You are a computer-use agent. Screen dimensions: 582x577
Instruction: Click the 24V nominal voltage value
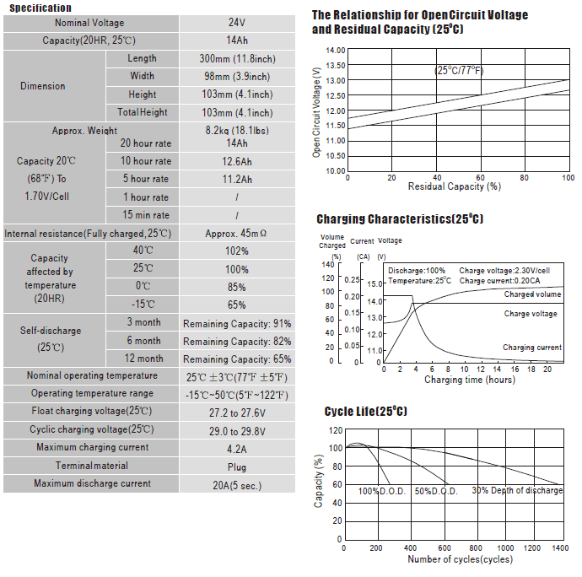point(237,23)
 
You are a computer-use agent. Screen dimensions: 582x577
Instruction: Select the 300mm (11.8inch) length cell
point(237,59)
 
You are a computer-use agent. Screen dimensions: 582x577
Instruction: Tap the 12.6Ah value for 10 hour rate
point(237,161)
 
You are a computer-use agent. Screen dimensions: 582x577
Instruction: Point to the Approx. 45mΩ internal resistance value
point(235,234)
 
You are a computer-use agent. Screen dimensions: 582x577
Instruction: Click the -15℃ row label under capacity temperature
point(143,304)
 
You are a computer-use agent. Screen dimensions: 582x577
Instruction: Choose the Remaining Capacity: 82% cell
point(237,342)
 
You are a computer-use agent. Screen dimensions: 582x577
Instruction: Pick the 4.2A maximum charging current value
point(237,450)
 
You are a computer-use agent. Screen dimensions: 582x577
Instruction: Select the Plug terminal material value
point(237,467)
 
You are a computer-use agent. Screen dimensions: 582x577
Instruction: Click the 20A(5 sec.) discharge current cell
point(237,485)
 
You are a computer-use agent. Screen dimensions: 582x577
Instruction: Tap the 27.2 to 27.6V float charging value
point(237,413)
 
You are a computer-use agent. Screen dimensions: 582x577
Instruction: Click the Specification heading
point(40,8)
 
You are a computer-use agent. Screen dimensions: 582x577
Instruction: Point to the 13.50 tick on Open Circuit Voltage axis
point(336,65)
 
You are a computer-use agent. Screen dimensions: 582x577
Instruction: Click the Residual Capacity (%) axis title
point(455,186)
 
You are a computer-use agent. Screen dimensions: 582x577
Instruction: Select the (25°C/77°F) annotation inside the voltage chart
point(459,71)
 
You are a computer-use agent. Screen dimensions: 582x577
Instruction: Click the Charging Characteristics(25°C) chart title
point(400,218)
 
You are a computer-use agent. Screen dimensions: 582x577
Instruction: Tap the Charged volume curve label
point(532,294)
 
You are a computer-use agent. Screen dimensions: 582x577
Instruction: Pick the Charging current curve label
point(532,348)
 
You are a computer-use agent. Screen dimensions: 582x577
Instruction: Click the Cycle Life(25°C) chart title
point(365,411)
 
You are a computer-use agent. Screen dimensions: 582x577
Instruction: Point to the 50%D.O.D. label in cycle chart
point(436,491)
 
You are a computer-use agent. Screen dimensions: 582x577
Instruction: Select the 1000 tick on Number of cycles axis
point(505,548)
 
